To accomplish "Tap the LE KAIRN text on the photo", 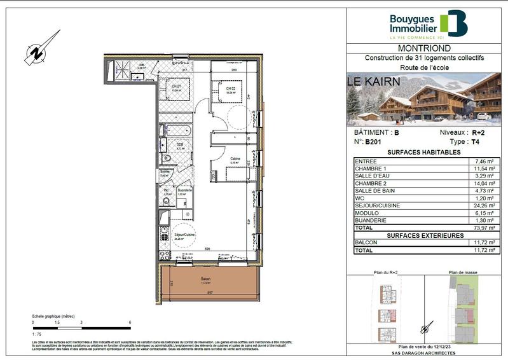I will (x=374, y=81).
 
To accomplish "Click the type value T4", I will (x=474, y=142).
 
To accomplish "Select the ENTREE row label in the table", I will (x=368, y=162).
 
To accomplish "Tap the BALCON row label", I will (x=369, y=243).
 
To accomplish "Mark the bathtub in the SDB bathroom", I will (x=175, y=132).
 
